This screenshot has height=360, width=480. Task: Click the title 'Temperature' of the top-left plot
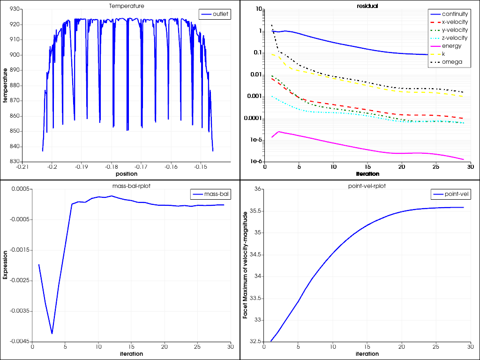click(x=127, y=6)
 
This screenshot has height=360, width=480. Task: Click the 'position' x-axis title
click(x=127, y=173)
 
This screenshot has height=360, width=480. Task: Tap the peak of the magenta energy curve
click(x=279, y=132)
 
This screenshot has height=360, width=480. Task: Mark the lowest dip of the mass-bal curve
click(x=52, y=333)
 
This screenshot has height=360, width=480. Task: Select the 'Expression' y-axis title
click(x=5, y=265)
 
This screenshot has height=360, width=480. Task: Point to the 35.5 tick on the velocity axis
click(x=255, y=211)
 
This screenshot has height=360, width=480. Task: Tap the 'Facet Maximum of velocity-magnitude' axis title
click(x=245, y=265)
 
